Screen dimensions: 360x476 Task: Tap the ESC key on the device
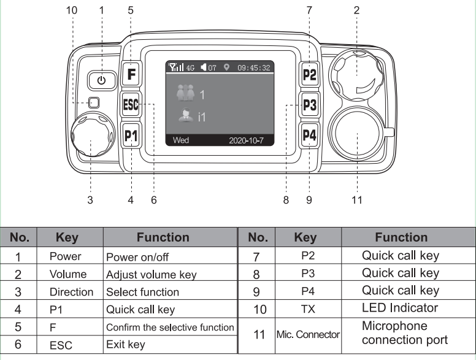[131, 104]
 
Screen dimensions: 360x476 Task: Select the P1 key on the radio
[131, 134]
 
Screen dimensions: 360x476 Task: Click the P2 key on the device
[310, 75]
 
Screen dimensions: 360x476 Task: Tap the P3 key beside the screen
[310, 105]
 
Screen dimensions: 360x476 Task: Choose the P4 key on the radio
[310, 134]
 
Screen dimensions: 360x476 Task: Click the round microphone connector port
[356, 136]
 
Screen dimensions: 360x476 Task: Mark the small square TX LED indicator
[93, 103]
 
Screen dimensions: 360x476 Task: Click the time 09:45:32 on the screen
[253, 68]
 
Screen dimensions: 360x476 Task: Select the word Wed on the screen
[181, 140]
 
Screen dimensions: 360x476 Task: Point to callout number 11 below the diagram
[356, 200]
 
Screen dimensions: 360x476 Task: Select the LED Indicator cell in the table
[401, 308]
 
